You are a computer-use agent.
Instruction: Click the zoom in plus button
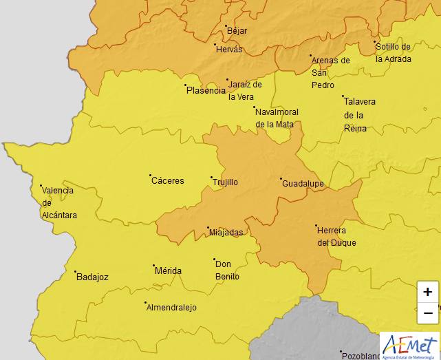427,292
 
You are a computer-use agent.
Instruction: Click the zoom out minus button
427,313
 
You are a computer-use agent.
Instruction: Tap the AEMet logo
409,345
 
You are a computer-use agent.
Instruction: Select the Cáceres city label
168,181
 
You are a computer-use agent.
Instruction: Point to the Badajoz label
92,277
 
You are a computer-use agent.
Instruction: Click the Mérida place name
168,271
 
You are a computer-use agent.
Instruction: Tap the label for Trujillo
224,182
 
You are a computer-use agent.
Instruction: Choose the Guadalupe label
303,183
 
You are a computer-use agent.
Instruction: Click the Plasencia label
206,90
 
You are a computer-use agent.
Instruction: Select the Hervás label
229,50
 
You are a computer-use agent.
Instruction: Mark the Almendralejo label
171,308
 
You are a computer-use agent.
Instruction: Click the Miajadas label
226,233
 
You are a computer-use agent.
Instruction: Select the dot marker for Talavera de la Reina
343,96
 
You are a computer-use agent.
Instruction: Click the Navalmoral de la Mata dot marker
254,107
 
